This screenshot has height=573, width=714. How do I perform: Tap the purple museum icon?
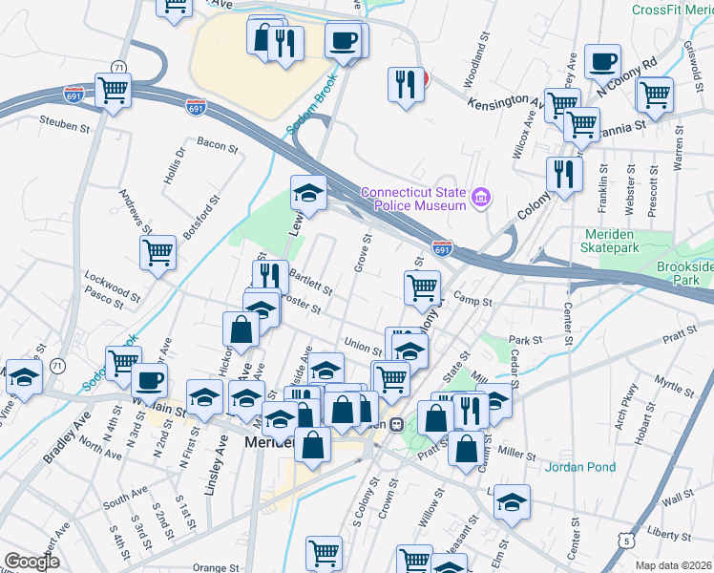pos(481,199)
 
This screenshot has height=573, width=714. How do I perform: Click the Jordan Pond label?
pos(580,467)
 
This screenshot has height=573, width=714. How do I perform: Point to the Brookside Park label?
pos(684,274)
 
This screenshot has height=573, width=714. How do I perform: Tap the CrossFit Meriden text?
pos(672,10)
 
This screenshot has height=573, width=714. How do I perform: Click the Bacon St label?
pos(217,145)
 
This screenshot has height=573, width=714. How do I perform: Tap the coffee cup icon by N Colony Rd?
pos(602,62)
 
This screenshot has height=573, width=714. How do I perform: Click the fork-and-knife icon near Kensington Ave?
pos(406,84)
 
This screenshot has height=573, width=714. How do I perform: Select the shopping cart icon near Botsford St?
pos(158,253)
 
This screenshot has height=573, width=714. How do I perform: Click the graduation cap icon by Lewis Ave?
pos(309,192)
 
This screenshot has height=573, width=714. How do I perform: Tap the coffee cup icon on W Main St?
pos(149,381)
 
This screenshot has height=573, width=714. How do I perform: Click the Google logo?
pos(31,562)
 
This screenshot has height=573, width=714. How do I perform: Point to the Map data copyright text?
pos(673,565)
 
